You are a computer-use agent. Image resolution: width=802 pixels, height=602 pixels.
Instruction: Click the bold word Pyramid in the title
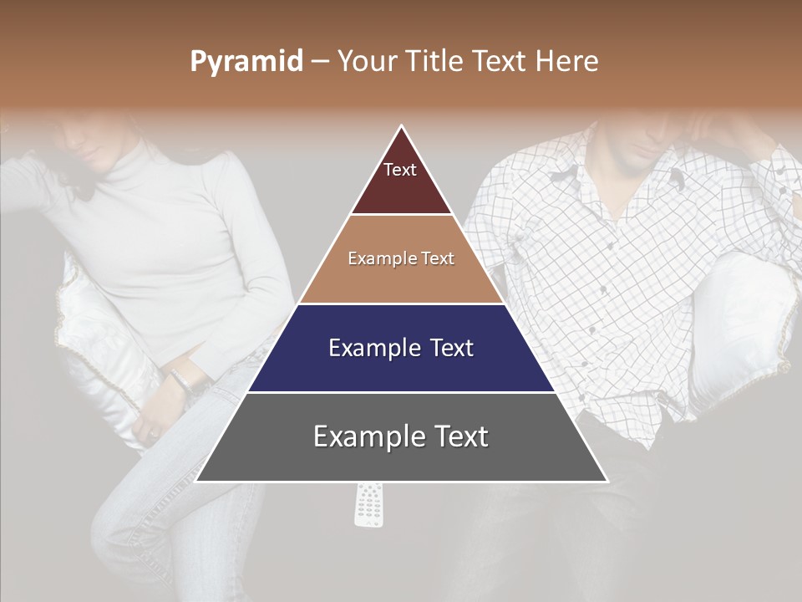(246, 62)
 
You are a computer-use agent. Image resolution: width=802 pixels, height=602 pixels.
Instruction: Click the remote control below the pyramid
(370, 505)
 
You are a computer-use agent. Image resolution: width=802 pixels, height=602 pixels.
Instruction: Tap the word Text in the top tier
(400, 170)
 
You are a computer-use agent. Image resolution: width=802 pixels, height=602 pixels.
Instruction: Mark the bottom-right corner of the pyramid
(607, 481)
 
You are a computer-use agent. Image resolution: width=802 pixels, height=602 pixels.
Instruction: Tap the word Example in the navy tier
(363, 348)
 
